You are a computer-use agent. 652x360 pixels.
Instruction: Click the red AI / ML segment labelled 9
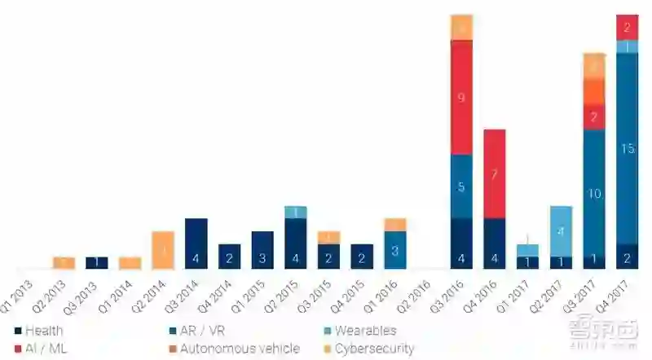coord(461,97)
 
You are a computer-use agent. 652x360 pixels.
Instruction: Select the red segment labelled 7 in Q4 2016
coord(494,173)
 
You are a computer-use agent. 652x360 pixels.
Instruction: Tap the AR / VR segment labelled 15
coord(627,148)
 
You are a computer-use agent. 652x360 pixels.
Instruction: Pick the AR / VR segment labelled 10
coord(594,193)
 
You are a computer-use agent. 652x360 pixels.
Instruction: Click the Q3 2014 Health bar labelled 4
coord(196,244)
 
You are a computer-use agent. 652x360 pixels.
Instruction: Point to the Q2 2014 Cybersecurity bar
coord(163,250)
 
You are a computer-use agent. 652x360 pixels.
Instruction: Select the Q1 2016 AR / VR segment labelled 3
coord(395,250)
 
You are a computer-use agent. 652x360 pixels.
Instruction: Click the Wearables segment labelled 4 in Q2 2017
coord(561,231)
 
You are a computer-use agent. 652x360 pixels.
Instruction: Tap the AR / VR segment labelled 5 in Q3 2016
coord(461,187)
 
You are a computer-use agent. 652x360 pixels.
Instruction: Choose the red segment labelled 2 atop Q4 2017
coord(627,27)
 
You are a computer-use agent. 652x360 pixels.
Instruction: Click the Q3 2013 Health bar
coord(97,262)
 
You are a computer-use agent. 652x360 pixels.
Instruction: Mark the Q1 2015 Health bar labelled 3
coord(262,250)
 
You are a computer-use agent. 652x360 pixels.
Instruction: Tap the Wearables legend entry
coord(359,331)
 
